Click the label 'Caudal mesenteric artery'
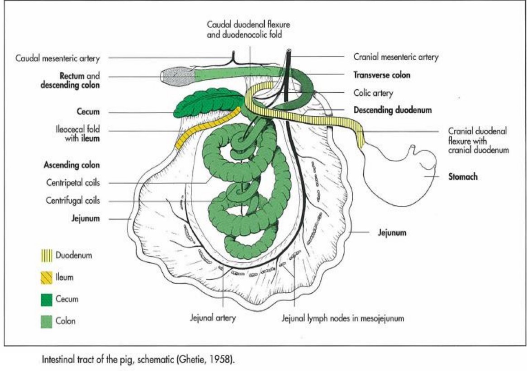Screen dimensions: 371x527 click(x=57, y=58)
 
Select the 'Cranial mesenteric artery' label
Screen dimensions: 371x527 click(x=395, y=57)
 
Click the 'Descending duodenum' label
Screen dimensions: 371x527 click(x=392, y=110)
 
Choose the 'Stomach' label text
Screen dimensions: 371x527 click(x=463, y=176)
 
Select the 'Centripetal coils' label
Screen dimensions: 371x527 click(x=73, y=183)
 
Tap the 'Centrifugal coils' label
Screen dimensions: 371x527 click(x=73, y=200)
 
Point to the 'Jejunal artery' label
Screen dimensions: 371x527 click(x=213, y=318)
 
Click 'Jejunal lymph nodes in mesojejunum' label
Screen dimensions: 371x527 click(x=342, y=318)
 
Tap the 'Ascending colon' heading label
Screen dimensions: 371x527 click(x=71, y=165)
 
